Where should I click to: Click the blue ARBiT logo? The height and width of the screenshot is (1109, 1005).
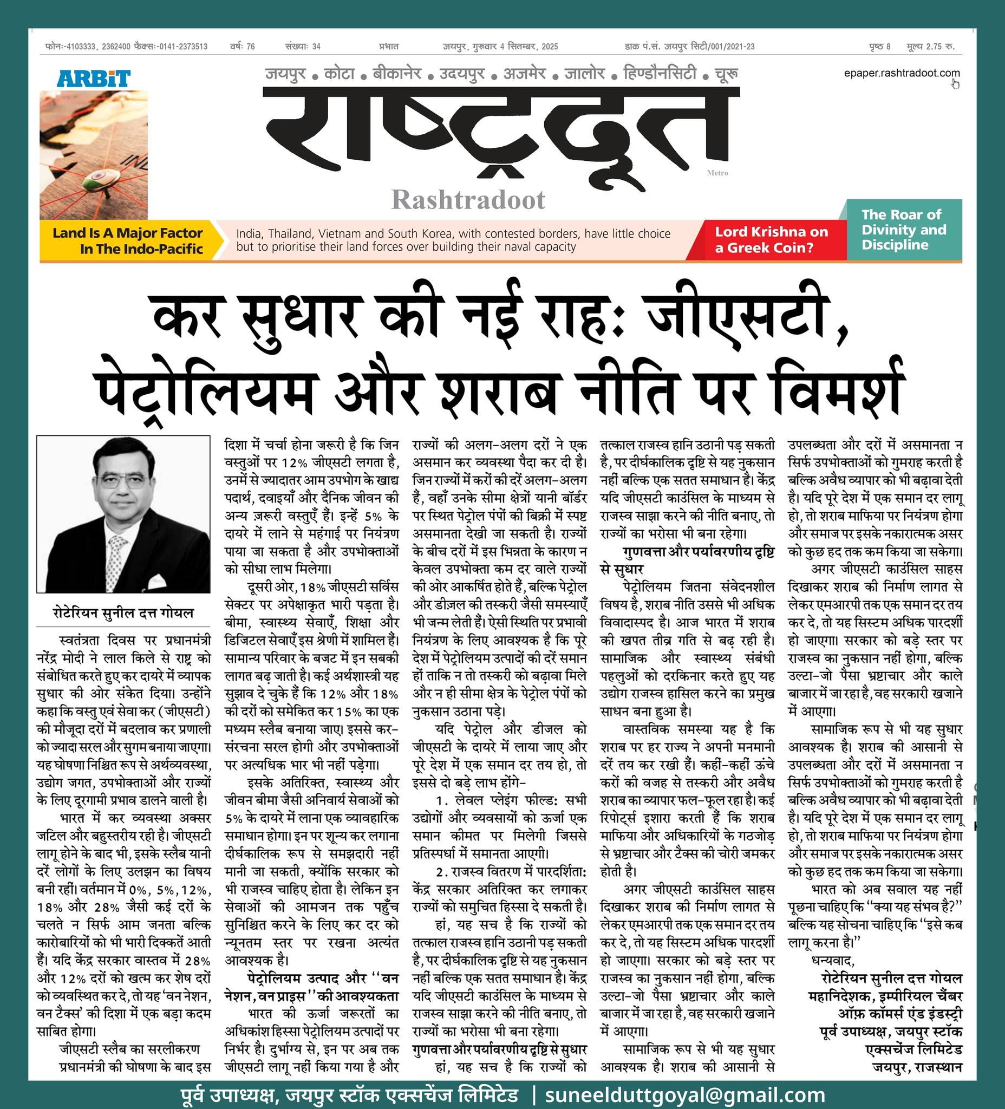94,78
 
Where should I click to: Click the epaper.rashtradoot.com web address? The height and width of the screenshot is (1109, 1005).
901,73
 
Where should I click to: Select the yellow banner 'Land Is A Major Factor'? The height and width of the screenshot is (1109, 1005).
128,240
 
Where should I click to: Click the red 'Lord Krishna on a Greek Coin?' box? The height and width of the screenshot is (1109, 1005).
771,239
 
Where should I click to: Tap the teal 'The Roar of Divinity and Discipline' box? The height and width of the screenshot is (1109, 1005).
903,230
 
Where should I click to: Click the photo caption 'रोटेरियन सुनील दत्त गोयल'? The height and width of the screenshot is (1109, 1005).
123,612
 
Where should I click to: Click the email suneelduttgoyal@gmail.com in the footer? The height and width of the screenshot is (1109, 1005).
684,1095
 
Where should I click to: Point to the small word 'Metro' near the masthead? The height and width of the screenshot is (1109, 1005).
717,173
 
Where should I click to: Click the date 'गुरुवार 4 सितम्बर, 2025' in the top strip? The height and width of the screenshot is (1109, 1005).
514,47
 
